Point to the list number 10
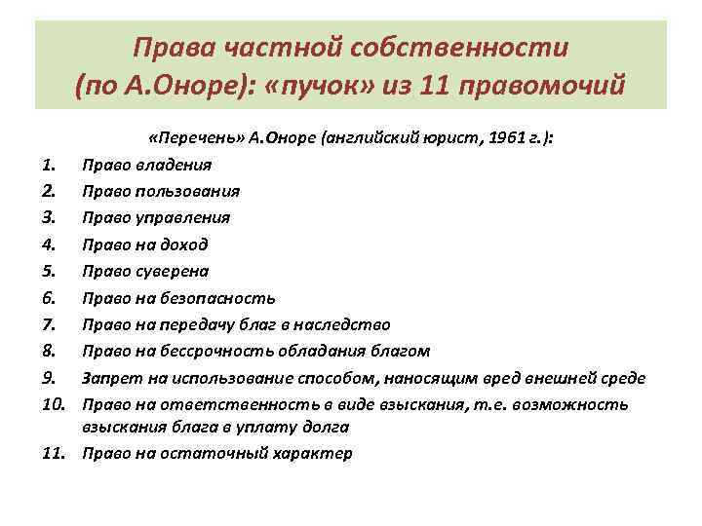(x=32, y=403)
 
